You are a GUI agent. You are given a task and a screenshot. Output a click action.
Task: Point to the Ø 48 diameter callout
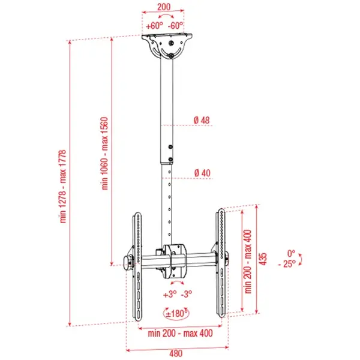click(x=202, y=121)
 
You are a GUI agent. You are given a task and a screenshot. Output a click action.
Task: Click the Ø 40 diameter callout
click(x=202, y=173)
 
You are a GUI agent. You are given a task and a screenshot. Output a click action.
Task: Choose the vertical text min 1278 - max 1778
click(x=65, y=186)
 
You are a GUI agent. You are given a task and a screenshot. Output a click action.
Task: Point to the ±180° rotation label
click(x=175, y=313)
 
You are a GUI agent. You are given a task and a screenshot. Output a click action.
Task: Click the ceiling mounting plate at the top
click(x=169, y=44)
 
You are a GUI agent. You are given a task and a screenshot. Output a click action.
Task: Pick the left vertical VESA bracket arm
click(x=137, y=264)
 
